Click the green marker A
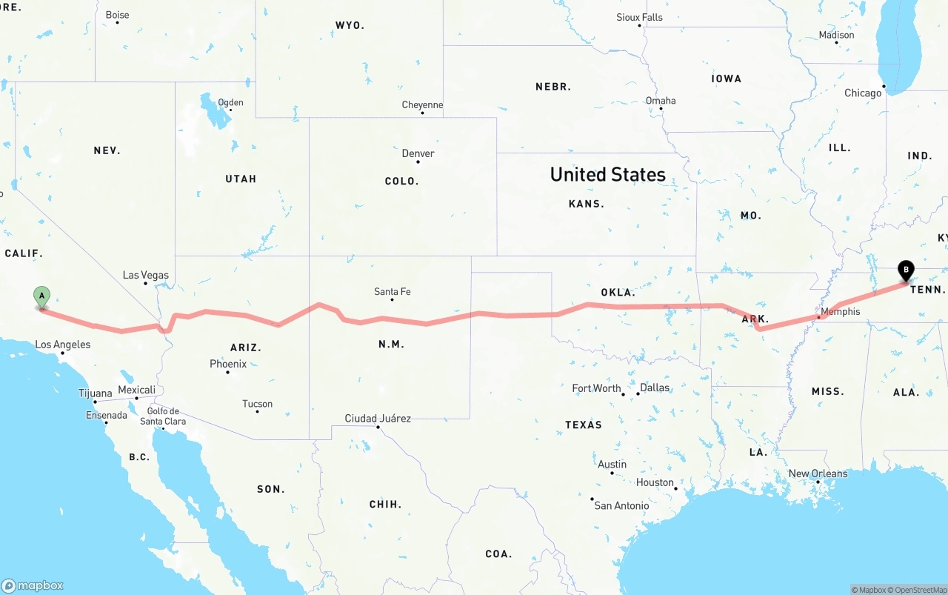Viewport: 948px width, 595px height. coord(42,297)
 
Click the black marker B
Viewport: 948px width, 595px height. coord(905,270)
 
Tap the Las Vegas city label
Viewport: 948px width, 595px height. coord(145,276)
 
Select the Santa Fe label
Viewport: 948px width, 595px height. coord(392,292)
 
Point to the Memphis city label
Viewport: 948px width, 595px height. coord(841,312)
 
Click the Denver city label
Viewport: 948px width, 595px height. coord(418,154)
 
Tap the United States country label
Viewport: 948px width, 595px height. coord(607,175)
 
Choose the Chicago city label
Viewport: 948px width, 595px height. coord(863,93)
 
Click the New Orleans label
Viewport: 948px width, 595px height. coord(818,474)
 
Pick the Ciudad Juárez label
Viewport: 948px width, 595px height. coord(378,419)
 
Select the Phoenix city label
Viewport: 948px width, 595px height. coord(228,364)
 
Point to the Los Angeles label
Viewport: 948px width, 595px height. coord(63,345)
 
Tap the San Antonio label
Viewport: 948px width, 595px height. coord(621,506)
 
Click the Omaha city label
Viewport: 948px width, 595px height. coord(661,101)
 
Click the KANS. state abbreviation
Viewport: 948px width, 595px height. coord(587,204)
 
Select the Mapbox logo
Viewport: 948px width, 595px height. coord(33,586)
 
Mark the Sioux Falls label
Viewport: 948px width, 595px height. coord(639,17)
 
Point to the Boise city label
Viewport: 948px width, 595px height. coord(117,15)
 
